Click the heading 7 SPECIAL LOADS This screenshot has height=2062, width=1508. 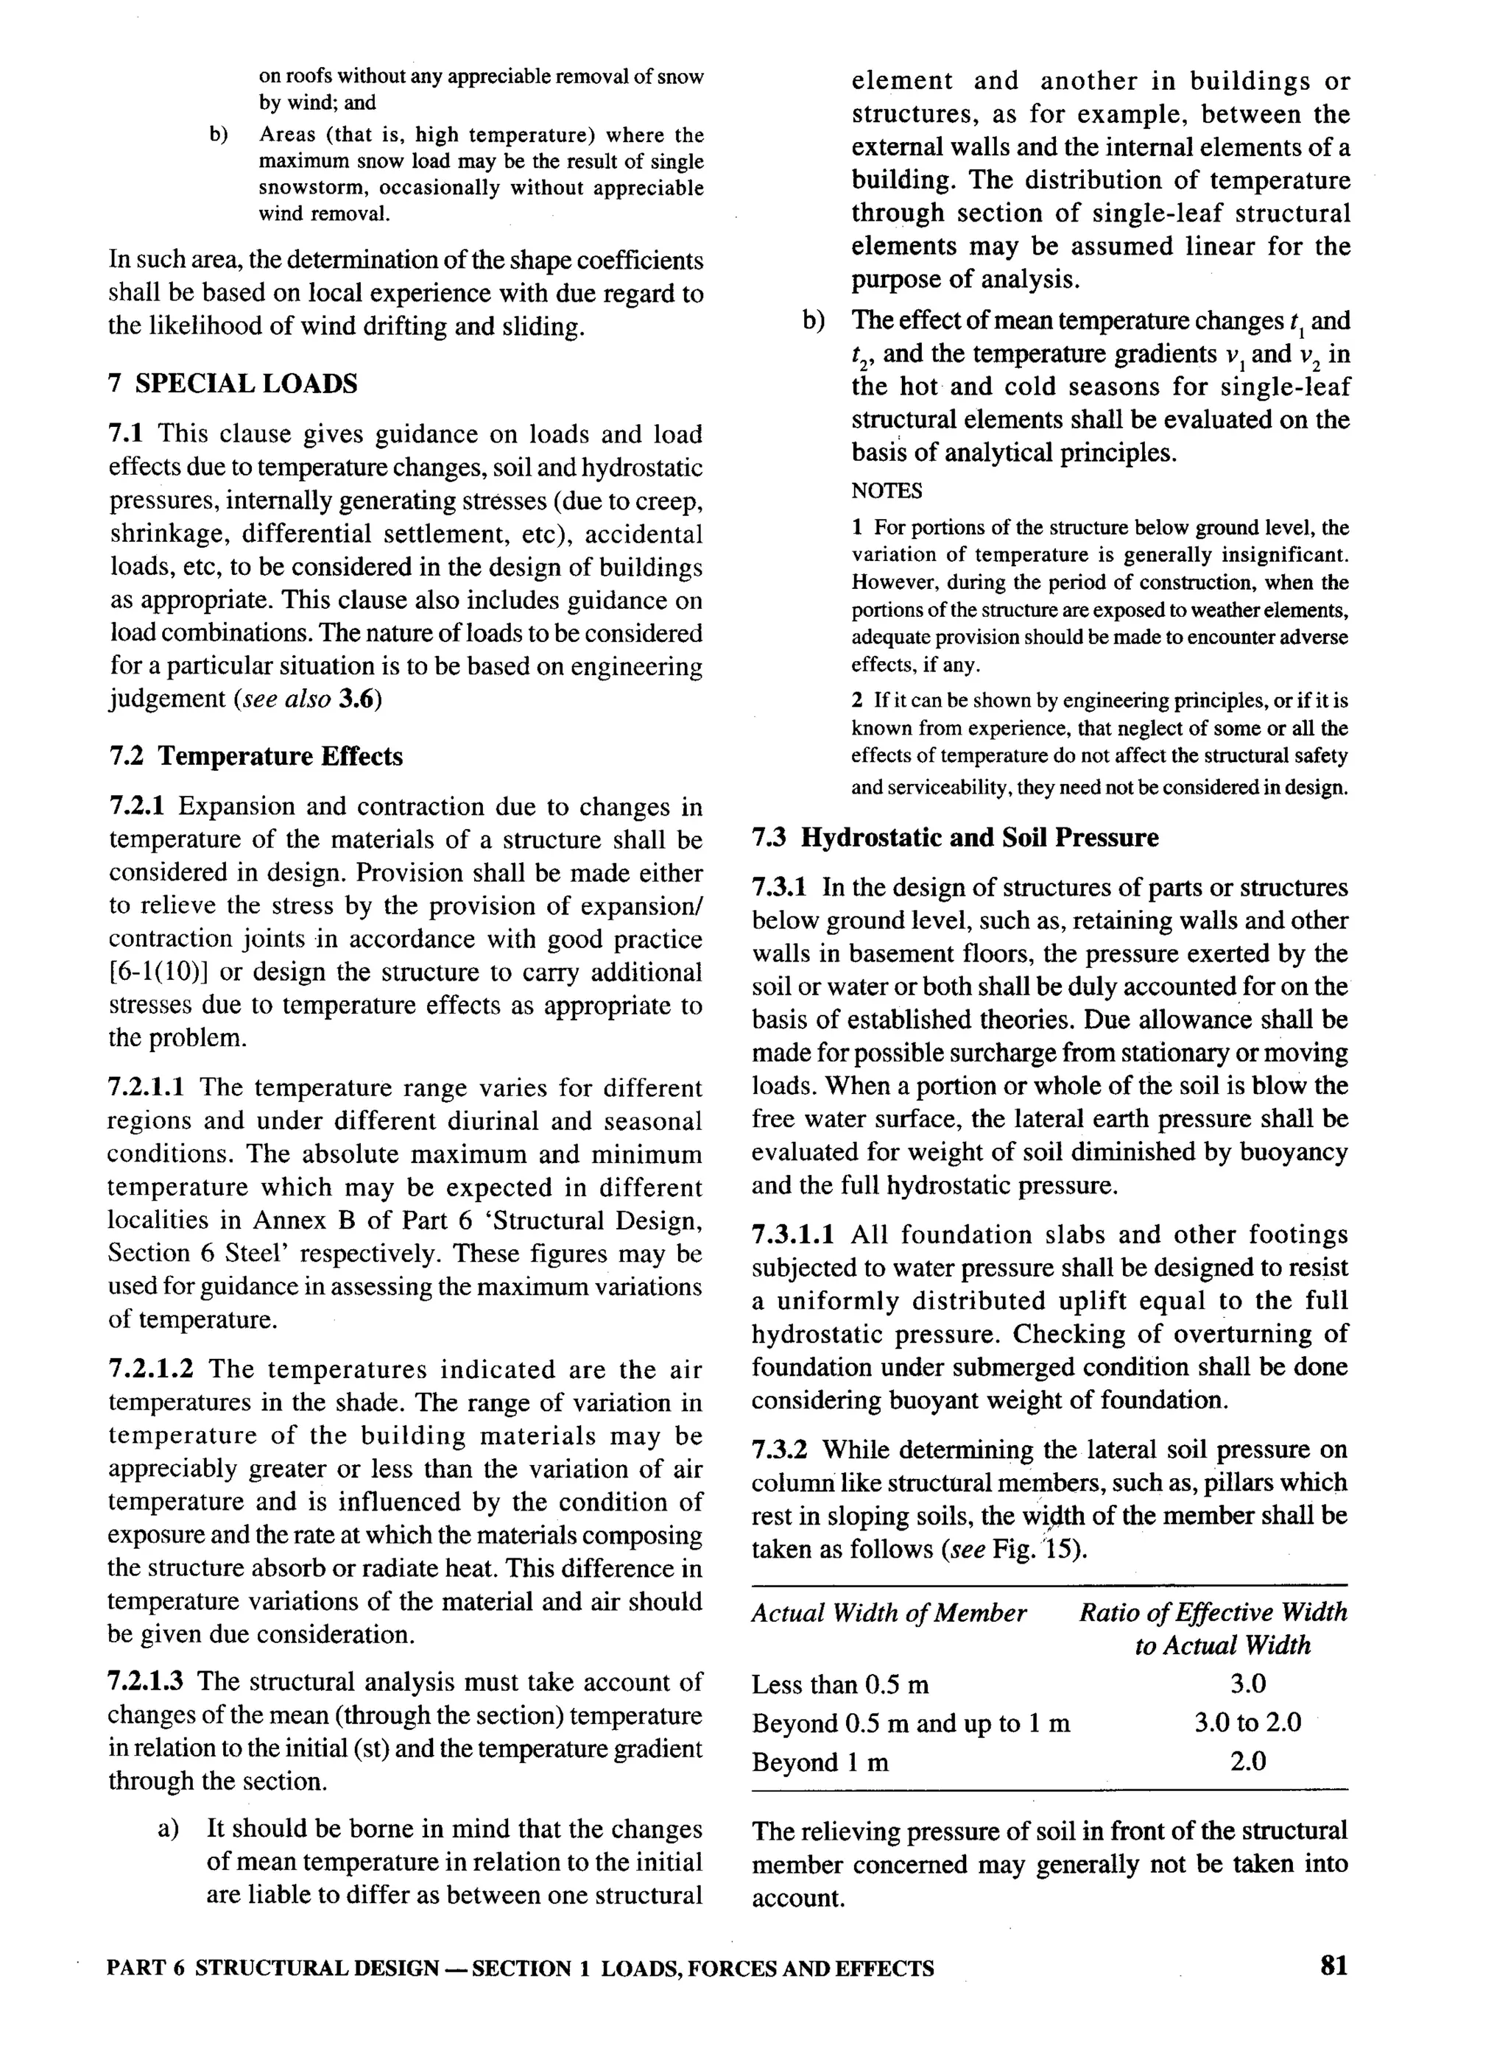point(233,384)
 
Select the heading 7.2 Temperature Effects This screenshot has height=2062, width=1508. point(256,756)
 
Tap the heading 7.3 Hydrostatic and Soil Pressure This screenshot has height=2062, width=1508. point(955,838)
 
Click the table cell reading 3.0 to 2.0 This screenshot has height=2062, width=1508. point(1247,1723)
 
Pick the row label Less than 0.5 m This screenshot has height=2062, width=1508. point(840,1684)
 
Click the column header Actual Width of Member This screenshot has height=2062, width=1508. point(888,1612)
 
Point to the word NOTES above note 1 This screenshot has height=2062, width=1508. point(887,491)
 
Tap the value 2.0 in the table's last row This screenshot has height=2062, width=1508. point(1247,1762)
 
